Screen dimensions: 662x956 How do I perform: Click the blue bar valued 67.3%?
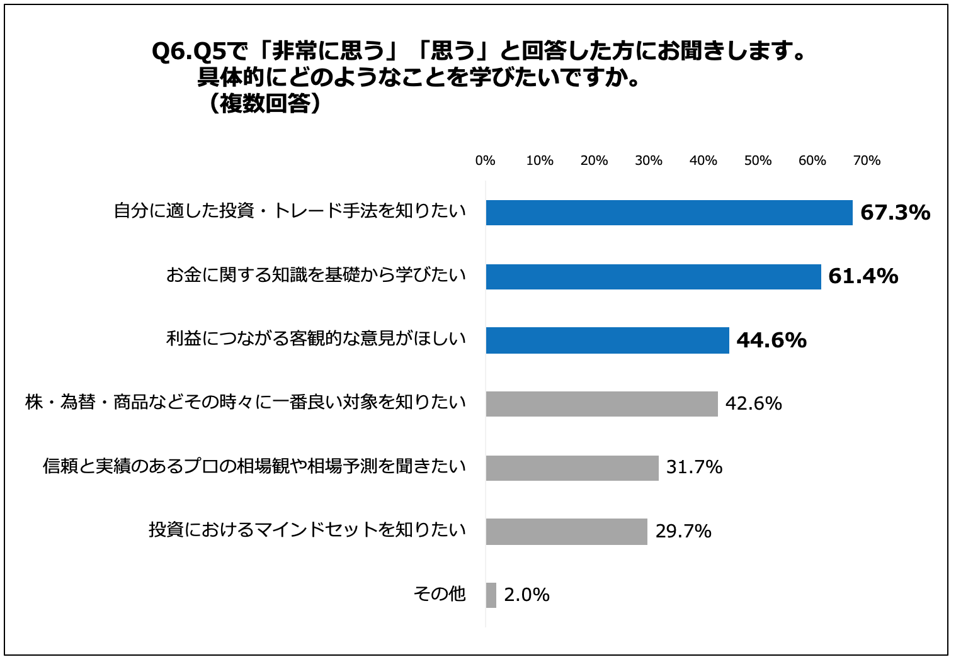669,213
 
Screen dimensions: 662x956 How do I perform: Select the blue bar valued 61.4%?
653,276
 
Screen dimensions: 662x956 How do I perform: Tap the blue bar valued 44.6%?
607,340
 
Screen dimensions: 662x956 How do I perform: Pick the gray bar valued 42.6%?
601,404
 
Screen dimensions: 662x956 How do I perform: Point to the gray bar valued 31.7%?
572,468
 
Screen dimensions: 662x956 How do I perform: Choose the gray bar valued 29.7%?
566,532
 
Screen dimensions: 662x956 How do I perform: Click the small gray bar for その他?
491,595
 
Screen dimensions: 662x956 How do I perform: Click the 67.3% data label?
895,213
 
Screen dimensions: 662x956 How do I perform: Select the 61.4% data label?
863,276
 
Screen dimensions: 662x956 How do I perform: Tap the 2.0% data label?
526,595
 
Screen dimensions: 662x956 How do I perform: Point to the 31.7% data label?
694,468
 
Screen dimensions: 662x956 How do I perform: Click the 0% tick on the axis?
485,161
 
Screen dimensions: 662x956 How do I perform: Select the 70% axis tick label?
867,161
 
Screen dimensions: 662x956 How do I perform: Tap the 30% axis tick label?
649,161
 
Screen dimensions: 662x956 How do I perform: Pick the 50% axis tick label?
758,161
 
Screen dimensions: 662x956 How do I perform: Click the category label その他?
440,593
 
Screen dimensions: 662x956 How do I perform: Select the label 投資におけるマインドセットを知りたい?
307,530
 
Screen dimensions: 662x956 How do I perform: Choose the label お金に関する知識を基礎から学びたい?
316,275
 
